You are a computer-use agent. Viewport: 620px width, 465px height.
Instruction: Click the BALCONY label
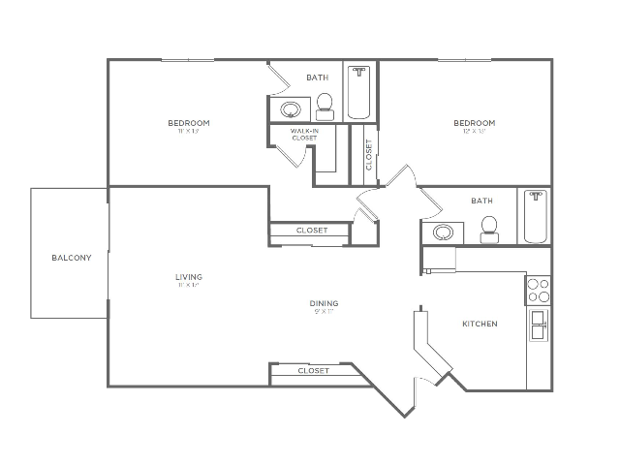coord(73,258)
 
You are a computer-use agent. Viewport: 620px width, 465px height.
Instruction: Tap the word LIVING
coord(189,277)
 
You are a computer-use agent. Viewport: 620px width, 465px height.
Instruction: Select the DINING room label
coord(325,304)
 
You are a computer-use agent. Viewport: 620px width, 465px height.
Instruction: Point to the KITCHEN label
coord(480,324)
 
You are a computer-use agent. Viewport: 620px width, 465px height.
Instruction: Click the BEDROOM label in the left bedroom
coord(189,123)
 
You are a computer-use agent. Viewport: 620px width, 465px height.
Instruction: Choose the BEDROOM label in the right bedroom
coord(475,123)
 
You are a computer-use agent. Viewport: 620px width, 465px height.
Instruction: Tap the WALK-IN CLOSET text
coord(304,135)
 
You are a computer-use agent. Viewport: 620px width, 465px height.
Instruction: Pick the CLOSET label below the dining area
coord(313,371)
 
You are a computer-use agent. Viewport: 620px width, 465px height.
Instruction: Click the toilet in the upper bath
coord(325,102)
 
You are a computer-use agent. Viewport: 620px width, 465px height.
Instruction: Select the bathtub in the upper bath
coord(359,94)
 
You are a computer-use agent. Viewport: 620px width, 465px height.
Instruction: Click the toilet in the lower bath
coord(490,226)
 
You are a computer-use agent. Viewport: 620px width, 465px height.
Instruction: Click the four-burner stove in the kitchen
coord(538,291)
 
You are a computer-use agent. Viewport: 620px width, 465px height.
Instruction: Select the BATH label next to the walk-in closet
coord(317,77)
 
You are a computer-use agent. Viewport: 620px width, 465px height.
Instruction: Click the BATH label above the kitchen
coord(481,201)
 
